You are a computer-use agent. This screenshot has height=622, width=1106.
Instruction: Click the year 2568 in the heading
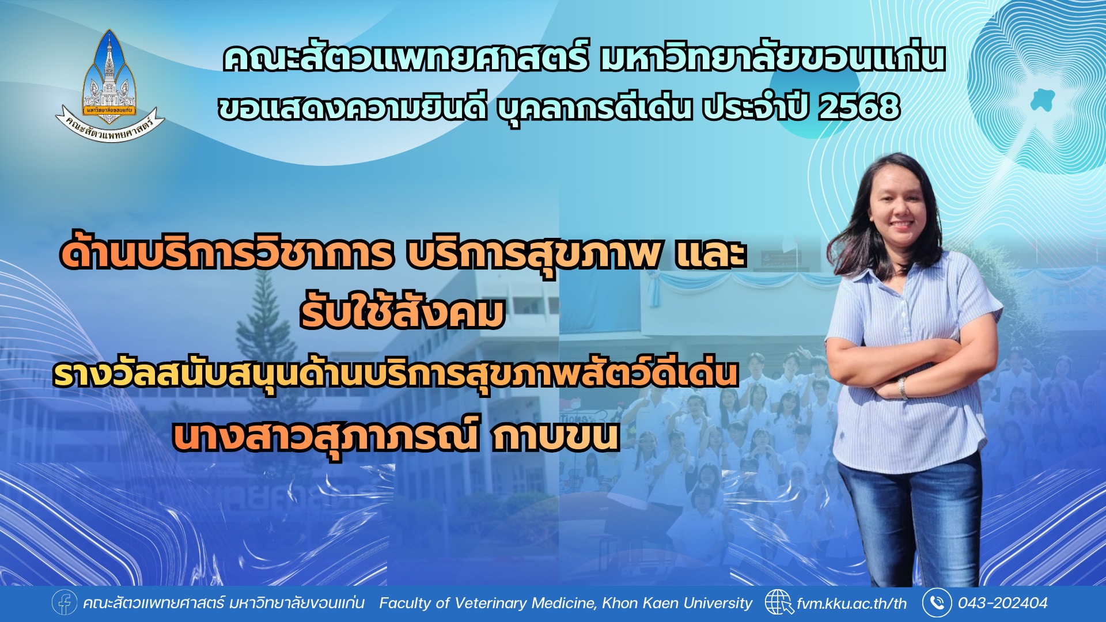pos(859,107)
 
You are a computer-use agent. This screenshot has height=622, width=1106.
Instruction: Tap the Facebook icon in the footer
pos(65,603)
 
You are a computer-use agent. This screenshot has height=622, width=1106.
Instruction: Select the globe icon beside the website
pos(779,603)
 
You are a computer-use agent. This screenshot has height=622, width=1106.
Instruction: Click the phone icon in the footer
pos(937,603)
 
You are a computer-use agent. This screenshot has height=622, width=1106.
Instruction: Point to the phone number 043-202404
pos(1002,603)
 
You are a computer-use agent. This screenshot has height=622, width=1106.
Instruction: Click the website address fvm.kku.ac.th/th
pos(852,604)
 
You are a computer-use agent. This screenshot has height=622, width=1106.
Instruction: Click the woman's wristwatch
pos(902,388)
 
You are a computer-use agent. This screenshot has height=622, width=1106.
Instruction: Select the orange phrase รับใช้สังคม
pos(402,313)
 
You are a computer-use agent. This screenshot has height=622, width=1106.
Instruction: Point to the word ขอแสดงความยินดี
pos(353,108)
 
